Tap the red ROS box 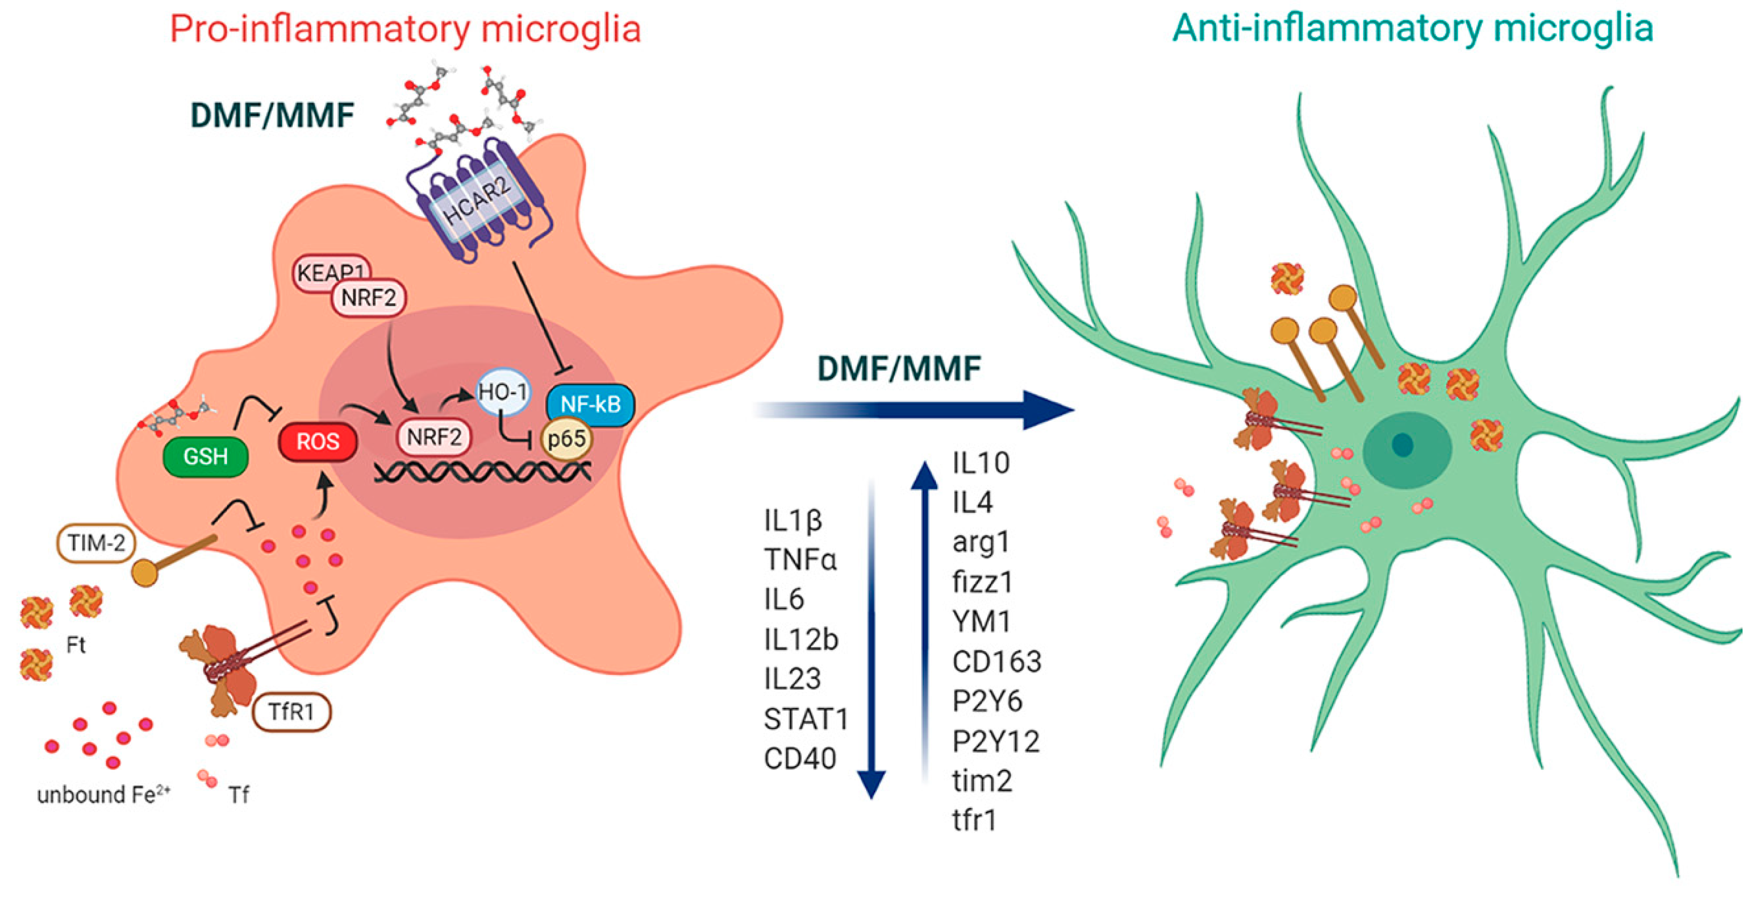pos(317,442)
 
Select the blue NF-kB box pos(590,404)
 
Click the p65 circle pos(566,438)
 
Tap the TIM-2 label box pos(96,543)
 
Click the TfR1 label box pos(292,712)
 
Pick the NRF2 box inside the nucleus pos(434,437)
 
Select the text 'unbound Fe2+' pos(103,795)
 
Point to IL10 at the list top pos(980,463)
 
